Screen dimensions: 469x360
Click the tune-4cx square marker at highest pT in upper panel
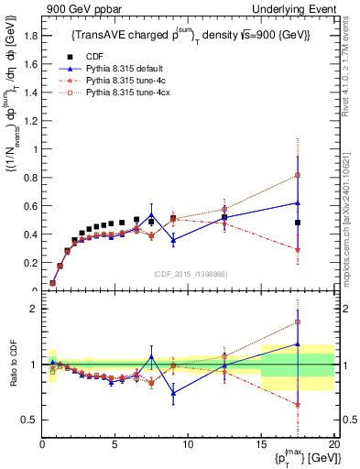298,175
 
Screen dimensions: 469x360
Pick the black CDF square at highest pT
298,223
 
